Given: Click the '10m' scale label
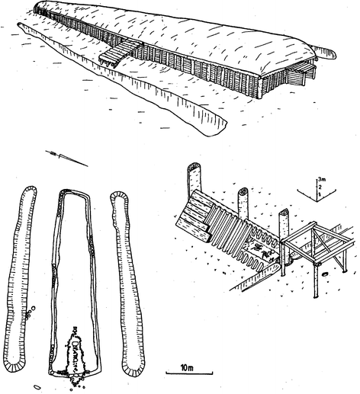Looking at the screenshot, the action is click(x=187, y=367).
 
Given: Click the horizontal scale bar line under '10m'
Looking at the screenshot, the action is click(x=189, y=373).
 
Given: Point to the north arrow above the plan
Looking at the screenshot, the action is click(x=66, y=159).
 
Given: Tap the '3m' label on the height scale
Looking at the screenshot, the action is click(x=322, y=180).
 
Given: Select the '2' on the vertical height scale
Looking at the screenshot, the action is click(x=320, y=187).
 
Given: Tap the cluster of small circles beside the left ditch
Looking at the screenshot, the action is click(x=30, y=312).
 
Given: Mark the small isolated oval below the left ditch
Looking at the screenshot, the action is click(x=37, y=387).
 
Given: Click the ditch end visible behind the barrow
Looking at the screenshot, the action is click(x=326, y=52).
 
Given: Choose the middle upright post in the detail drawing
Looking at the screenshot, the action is click(x=243, y=203).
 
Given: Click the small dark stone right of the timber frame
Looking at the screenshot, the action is click(x=325, y=274).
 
